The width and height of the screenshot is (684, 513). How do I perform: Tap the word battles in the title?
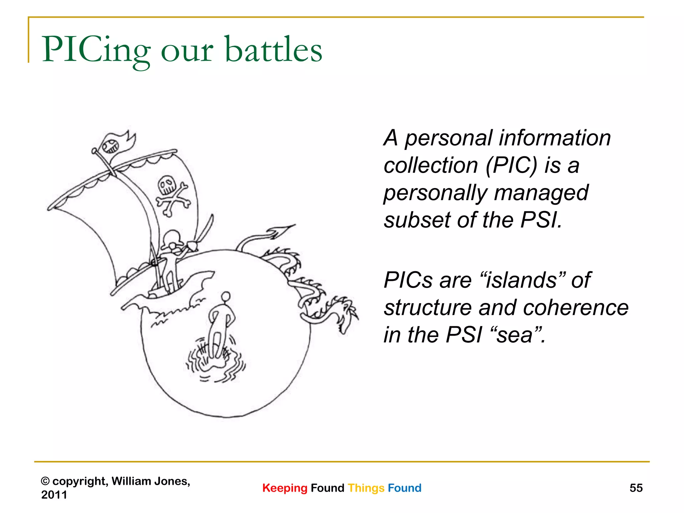click(x=274, y=50)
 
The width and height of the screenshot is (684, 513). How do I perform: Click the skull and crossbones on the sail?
click(x=172, y=195)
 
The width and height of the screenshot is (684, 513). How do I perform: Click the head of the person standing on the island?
click(x=226, y=296)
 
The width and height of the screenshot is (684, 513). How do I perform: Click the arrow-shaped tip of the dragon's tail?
click(x=282, y=230)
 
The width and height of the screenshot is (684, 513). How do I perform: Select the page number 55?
click(x=636, y=488)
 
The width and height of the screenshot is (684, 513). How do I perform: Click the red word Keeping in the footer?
click(x=285, y=488)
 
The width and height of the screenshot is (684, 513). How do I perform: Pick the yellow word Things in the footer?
click(x=366, y=488)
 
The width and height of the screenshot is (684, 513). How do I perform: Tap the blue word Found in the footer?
click(x=404, y=488)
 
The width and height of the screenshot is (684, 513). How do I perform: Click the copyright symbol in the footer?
click(x=45, y=481)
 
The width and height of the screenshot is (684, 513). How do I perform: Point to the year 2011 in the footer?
click(x=54, y=495)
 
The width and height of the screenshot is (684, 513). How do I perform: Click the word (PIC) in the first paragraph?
click(x=511, y=165)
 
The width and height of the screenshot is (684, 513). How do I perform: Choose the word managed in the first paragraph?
click(x=541, y=193)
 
